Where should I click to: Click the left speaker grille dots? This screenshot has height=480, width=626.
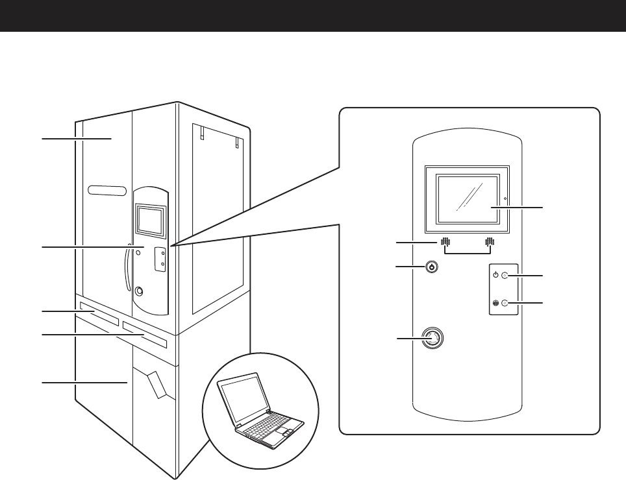pos(445,243)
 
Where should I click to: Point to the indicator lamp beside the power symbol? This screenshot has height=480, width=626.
pos(505,276)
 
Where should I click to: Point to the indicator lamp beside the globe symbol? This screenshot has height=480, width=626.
pos(505,303)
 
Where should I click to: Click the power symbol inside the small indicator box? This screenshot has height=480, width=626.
pos(495,275)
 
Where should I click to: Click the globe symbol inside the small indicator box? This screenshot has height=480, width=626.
pos(495,303)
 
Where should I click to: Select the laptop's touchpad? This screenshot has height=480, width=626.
pos(285,432)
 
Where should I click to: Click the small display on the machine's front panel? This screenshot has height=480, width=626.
pos(150,219)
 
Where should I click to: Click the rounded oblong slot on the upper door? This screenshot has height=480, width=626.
pos(107,191)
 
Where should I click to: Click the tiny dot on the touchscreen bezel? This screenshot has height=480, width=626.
pos(504,198)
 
